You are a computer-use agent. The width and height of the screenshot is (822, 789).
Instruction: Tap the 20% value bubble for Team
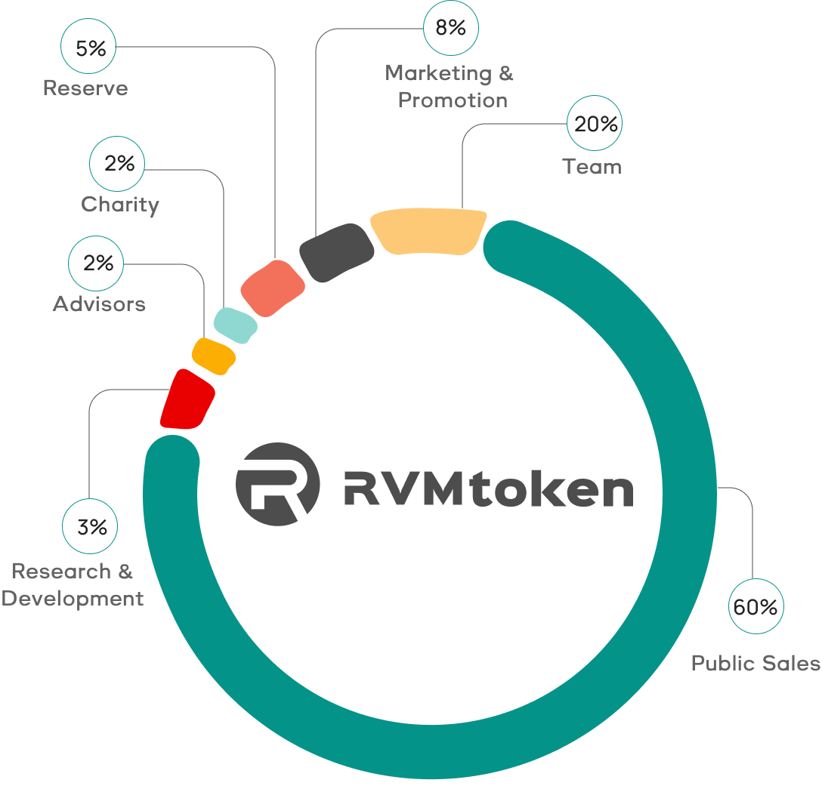point(595,123)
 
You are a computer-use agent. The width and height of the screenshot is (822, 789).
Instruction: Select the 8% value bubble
point(451,27)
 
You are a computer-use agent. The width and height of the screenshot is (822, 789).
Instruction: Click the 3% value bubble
point(91,526)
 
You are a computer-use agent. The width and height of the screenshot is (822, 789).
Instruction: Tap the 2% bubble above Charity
point(118,163)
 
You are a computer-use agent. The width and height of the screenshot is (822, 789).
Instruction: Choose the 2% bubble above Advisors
point(97,263)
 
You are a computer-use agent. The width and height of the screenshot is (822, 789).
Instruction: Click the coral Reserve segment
point(272,288)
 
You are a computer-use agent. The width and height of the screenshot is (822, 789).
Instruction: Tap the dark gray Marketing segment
point(336,251)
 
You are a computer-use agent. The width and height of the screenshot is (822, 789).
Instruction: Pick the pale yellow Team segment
point(428,231)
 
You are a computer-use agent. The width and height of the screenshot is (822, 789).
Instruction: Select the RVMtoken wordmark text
point(488,489)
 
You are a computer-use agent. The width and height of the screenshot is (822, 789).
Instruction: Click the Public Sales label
point(755,663)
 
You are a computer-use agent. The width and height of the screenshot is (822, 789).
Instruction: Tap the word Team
point(592,166)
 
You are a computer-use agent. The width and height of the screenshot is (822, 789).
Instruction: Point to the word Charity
point(120,204)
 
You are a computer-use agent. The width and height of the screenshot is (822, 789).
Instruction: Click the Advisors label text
point(99,304)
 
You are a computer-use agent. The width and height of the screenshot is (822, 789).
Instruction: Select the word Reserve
point(85,88)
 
